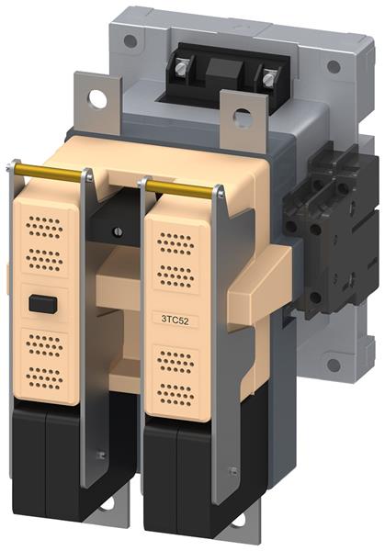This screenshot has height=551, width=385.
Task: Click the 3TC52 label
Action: coord(176,320)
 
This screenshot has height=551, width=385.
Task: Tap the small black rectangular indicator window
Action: coord(43,304)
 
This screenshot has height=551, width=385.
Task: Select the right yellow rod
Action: coord(180,188)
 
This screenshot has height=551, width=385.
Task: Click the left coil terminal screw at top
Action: coord(181,68)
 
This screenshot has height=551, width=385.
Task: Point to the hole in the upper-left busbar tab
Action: coord(97,99)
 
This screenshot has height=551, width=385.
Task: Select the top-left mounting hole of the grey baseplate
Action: coord(130,41)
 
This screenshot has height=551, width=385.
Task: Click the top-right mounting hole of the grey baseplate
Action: coord(334,67)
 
